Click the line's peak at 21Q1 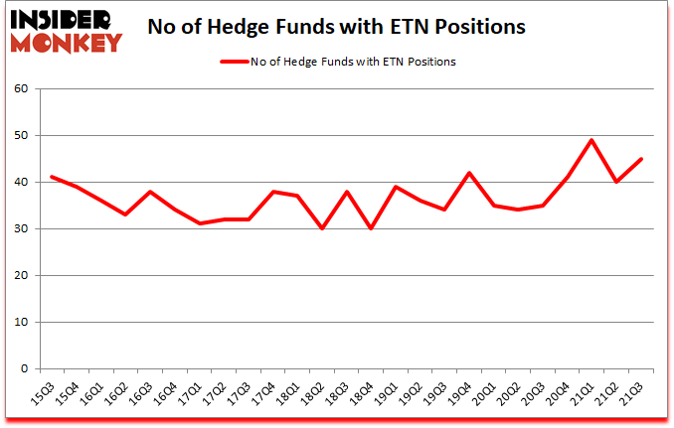pyautogui.click(x=592, y=140)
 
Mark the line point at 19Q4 pyautogui.click(x=469, y=173)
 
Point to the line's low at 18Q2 pyautogui.click(x=322, y=228)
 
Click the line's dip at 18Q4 pyautogui.click(x=372, y=228)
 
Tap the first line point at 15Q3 pyautogui.click(x=52, y=177)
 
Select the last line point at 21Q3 pyautogui.click(x=641, y=159)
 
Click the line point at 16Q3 pyautogui.click(x=150, y=192)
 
